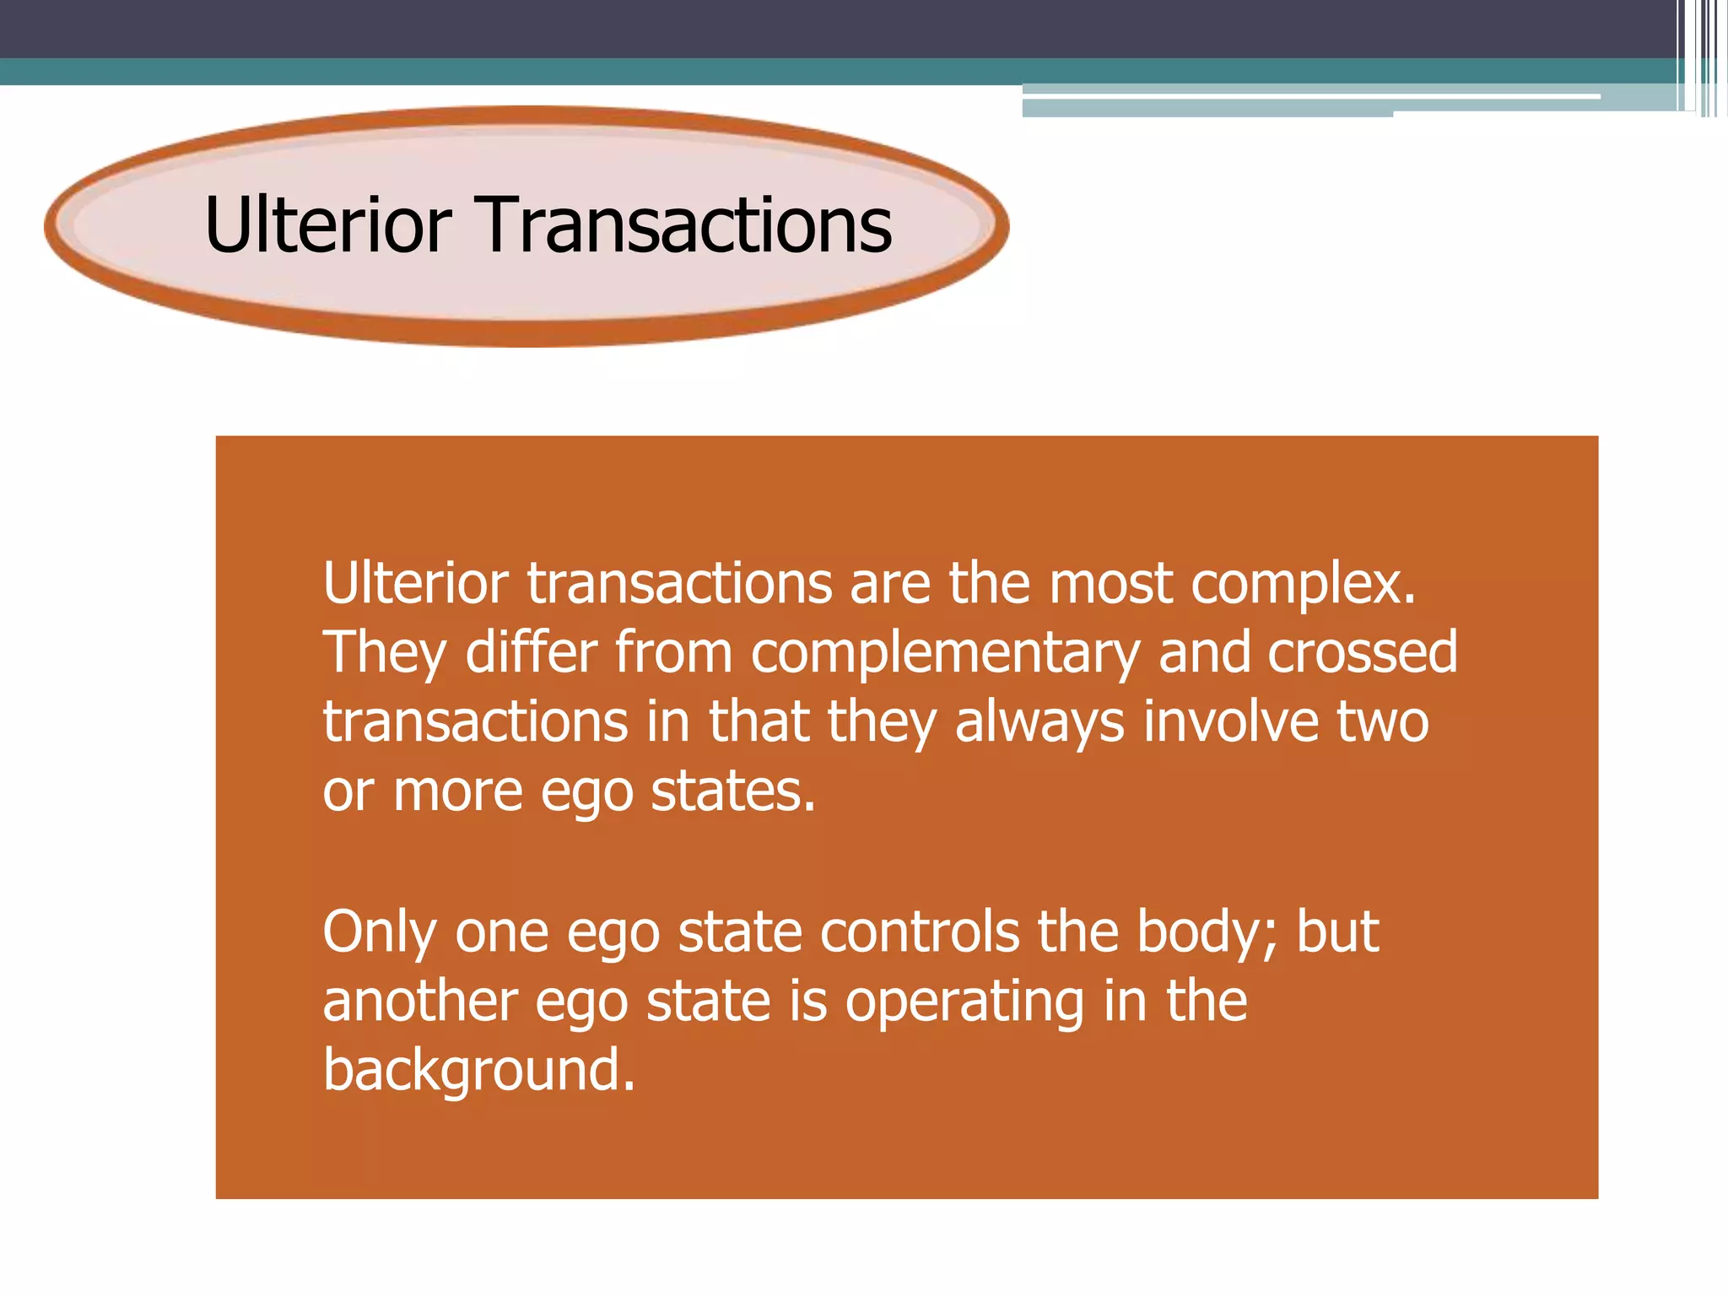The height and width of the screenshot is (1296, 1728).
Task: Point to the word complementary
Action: click(945, 654)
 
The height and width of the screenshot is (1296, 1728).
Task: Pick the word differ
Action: click(531, 652)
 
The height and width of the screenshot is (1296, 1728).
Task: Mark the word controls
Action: click(919, 931)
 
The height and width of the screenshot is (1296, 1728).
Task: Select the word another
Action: click(419, 1002)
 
